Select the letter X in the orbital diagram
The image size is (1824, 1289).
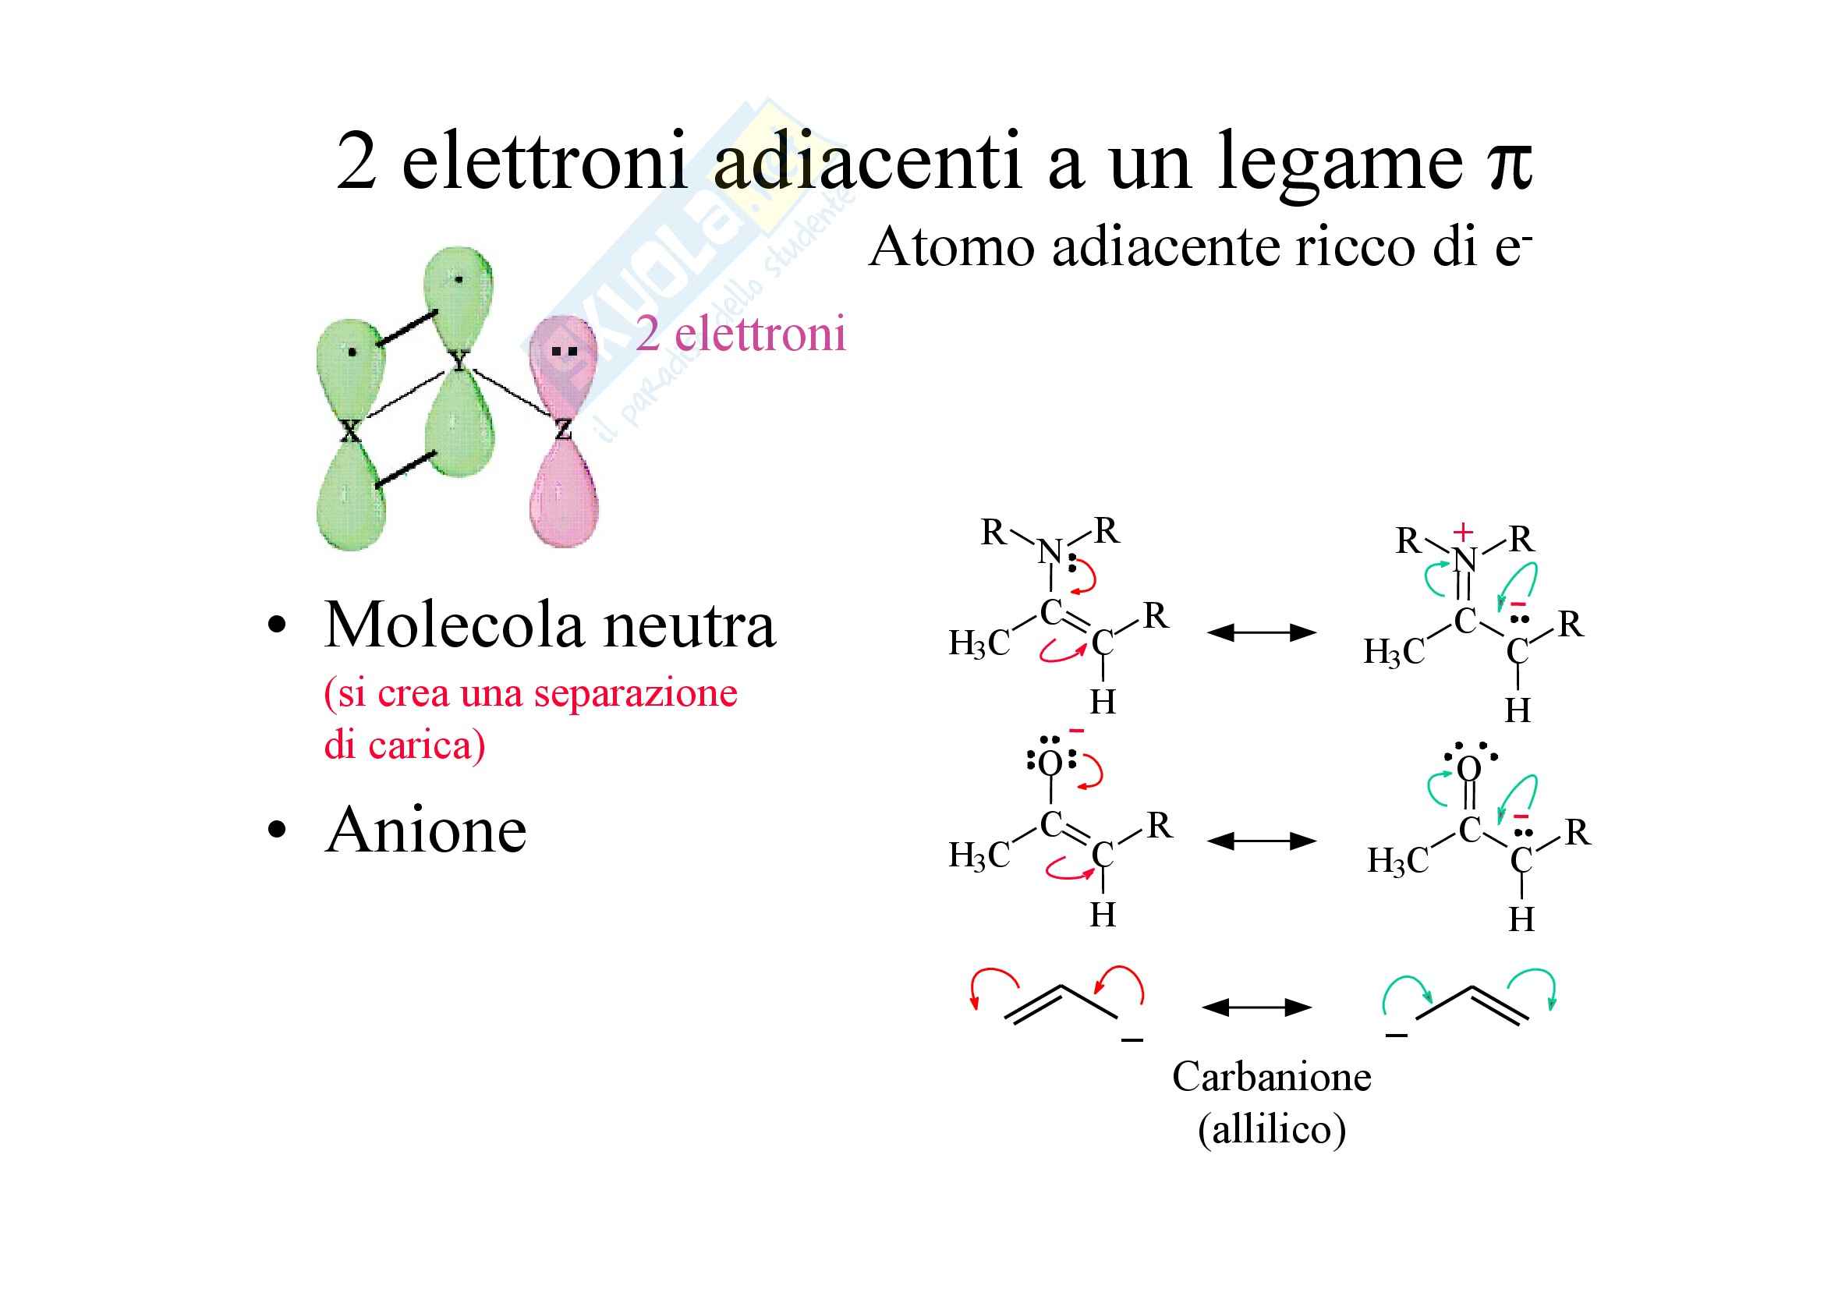coord(349,432)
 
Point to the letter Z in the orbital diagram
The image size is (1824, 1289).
coord(563,430)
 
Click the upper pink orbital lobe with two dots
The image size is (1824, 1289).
coord(563,361)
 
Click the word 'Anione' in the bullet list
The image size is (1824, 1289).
coord(426,830)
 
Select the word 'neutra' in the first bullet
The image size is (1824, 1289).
coord(689,626)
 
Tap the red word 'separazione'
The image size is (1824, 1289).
coord(636,693)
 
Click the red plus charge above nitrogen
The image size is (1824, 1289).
coord(1462,532)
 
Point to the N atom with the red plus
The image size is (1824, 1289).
coord(1466,560)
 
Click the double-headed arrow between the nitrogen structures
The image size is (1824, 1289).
coord(1262,633)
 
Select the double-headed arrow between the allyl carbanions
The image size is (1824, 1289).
coord(1256,1007)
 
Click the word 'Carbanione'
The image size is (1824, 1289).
coord(1271,1078)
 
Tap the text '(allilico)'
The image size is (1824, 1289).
coord(1271,1128)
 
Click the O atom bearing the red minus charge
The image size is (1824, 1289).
coord(1050,764)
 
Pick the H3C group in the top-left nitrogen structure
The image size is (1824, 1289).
coord(979,643)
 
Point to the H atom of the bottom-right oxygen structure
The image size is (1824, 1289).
coord(1521,919)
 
